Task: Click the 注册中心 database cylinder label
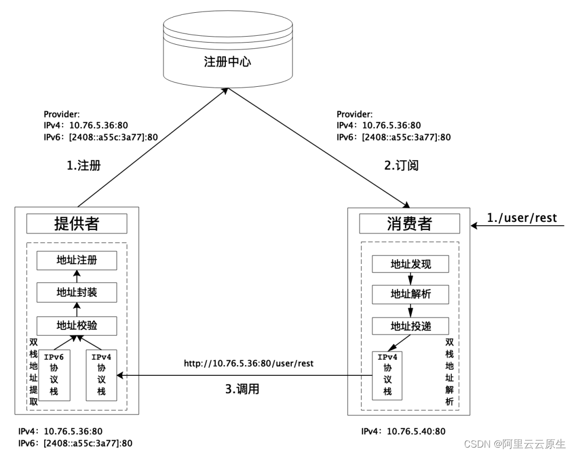(x=227, y=62)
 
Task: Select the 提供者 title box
(x=77, y=224)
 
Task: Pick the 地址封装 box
(x=77, y=293)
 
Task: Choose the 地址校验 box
(x=77, y=325)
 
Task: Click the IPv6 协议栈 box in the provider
(x=58, y=375)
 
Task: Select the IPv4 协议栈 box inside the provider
(x=101, y=375)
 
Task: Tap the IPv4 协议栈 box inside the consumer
(x=387, y=375)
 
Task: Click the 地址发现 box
(x=410, y=264)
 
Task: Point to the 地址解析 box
(x=410, y=294)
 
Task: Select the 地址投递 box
(x=410, y=326)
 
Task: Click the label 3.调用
(x=242, y=389)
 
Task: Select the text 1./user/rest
(x=522, y=218)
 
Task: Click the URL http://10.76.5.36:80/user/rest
(x=249, y=364)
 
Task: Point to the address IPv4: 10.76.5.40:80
(x=403, y=431)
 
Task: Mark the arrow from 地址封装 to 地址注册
(x=77, y=277)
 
